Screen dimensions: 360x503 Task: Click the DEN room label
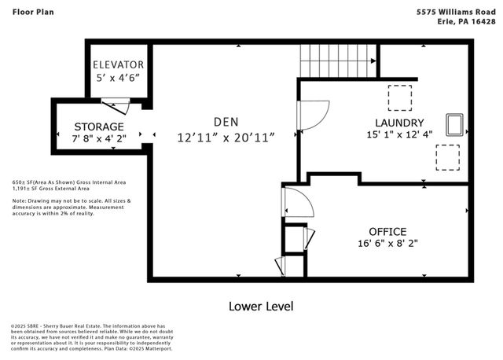(x=226, y=122)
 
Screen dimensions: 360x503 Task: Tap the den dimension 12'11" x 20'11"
(x=226, y=138)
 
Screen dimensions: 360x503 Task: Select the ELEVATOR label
(x=118, y=64)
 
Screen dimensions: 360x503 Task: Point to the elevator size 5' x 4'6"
(x=118, y=78)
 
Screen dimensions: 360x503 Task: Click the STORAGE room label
(x=99, y=127)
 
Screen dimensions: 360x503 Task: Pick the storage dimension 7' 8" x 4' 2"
(x=99, y=139)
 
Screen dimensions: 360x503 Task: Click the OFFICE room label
(x=387, y=231)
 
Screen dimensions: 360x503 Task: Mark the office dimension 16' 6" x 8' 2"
(x=387, y=244)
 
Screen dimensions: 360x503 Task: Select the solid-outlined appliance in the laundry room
(x=454, y=125)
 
